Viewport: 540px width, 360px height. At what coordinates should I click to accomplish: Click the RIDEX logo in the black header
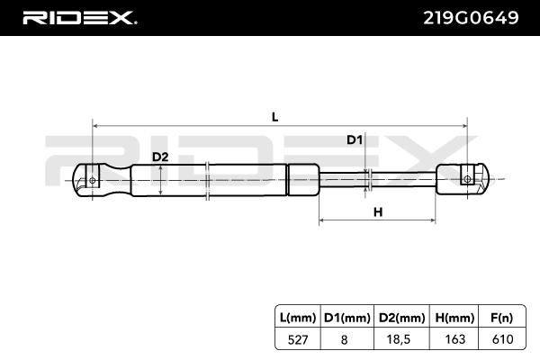(x=79, y=18)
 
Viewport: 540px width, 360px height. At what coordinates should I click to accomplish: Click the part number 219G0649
(x=471, y=18)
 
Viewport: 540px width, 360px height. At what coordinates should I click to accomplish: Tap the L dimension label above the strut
(x=274, y=117)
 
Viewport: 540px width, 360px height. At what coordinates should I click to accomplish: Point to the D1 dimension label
(x=355, y=139)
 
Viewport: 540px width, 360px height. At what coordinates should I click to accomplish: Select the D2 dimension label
(x=160, y=157)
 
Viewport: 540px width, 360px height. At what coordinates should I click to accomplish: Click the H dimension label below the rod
(x=378, y=211)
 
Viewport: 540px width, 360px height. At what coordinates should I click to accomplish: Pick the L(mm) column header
(x=298, y=318)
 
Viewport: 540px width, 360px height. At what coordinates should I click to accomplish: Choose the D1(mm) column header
(x=347, y=318)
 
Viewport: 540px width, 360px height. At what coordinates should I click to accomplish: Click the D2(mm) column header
(x=402, y=318)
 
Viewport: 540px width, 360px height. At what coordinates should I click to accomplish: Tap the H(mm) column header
(x=454, y=318)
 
